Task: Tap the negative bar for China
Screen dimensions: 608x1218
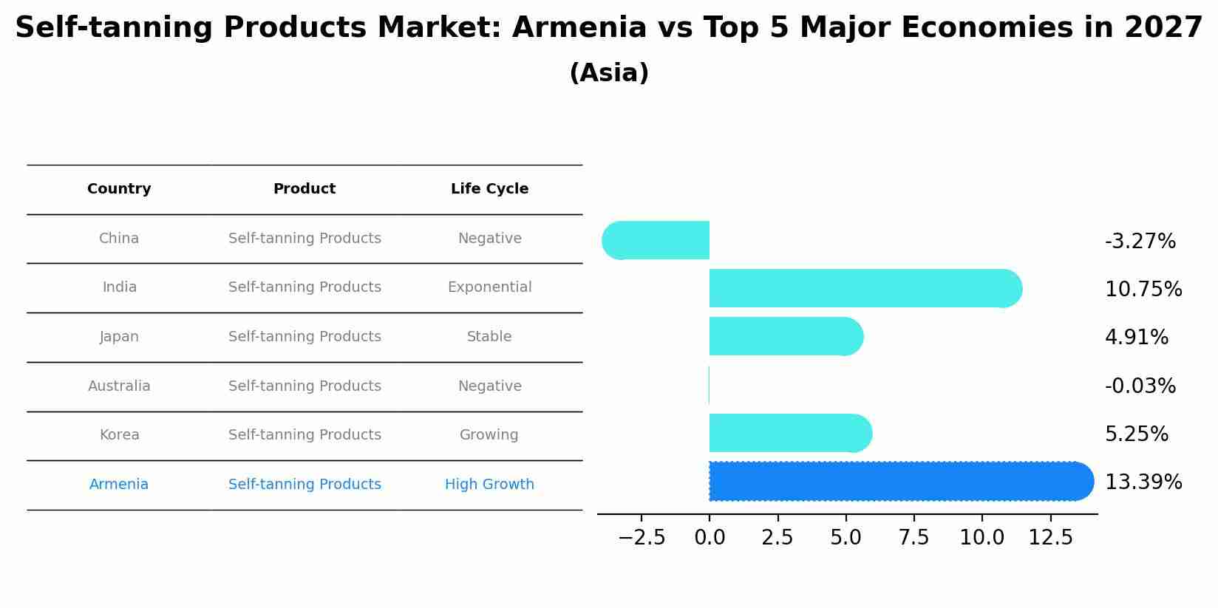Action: pos(658,240)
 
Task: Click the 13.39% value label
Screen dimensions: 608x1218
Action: pos(1143,482)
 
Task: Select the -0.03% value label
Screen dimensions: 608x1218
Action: pos(1140,386)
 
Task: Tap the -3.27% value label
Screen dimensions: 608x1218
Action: pos(1140,242)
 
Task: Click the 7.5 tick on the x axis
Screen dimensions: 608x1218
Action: pos(913,538)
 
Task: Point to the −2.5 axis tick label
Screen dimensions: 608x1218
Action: pos(642,538)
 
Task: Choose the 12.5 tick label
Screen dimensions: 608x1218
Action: pos(1050,538)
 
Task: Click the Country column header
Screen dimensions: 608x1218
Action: pos(119,189)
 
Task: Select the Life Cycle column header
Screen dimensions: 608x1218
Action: pos(489,189)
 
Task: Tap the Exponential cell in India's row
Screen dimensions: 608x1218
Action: pos(489,287)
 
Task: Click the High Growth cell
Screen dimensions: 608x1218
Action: pos(489,485)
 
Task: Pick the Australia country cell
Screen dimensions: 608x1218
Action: pos(119,386)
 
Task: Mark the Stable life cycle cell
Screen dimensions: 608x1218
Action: pos(489,337)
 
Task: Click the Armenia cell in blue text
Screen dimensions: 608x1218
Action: pos(119,485)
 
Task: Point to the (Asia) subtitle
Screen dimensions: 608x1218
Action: pos(609,73)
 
